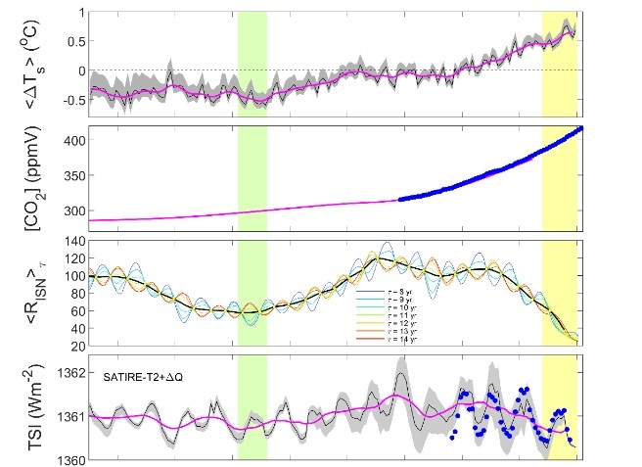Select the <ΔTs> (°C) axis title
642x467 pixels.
29,61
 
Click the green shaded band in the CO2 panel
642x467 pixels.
252,176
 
